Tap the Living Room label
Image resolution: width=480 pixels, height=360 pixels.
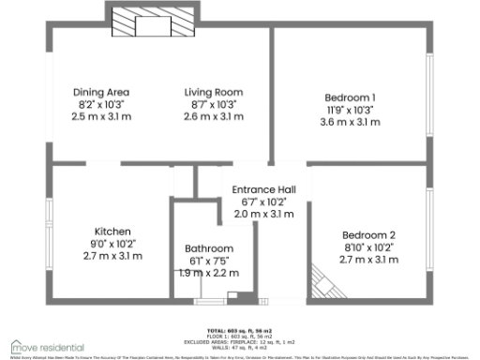(214, 92)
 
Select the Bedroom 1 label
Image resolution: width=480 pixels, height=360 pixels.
(350, 97)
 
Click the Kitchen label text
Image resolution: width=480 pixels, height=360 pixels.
(112, 231)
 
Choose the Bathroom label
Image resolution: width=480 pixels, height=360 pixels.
(208, 248)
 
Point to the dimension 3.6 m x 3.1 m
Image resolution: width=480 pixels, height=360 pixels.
(350, 122)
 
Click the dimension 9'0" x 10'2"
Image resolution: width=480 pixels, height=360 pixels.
(112, 243)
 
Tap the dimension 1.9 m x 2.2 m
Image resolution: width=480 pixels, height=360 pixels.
(208, 273)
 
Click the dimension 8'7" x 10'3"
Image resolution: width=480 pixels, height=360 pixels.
(214, 104)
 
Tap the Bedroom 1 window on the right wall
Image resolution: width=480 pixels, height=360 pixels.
(430, 98)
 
